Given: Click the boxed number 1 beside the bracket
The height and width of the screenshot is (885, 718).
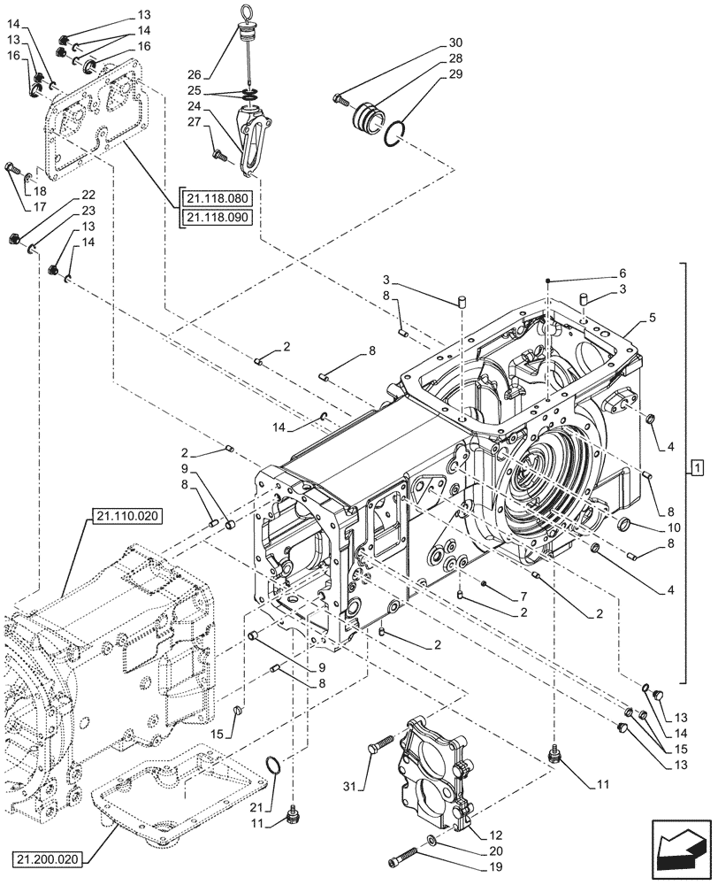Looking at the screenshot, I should coord(698,467).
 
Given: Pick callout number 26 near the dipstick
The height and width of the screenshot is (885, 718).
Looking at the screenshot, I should coord(195,73).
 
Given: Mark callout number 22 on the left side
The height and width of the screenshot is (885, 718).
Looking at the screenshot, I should coord(88,195).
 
